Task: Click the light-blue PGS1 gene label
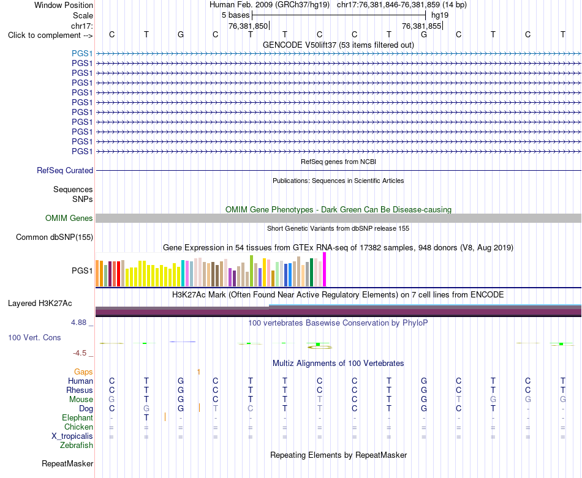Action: click(x=82, y=53)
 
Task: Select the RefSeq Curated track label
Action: click(x=65, y=170)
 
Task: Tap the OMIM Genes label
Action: click(x=69, y=218)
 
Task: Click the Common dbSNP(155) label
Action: click(x=55, y=237)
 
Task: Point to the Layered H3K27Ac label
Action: click(x=40, y=304)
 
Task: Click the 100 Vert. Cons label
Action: click(x=34, y=337)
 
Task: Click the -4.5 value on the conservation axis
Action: click(x=80, y=353)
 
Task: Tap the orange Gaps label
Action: click(x=83, y=372)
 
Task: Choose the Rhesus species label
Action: click(x=80, y=390)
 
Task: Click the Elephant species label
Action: click(x=77, y=418)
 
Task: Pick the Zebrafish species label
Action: click(x=77, y=446)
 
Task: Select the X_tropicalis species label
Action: click(x=72, y=436)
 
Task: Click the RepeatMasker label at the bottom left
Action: click(x=67, y=463)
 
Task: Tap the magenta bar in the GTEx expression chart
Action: click(x=325, y=269)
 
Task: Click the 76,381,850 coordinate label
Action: click(x=248, y=26)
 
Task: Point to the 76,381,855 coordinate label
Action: click(x=421, y=26)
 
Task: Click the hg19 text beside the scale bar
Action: click(x=440, y=15)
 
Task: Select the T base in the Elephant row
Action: click(x=146, y=417)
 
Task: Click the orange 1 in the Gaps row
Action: click(x=198, y=372)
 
